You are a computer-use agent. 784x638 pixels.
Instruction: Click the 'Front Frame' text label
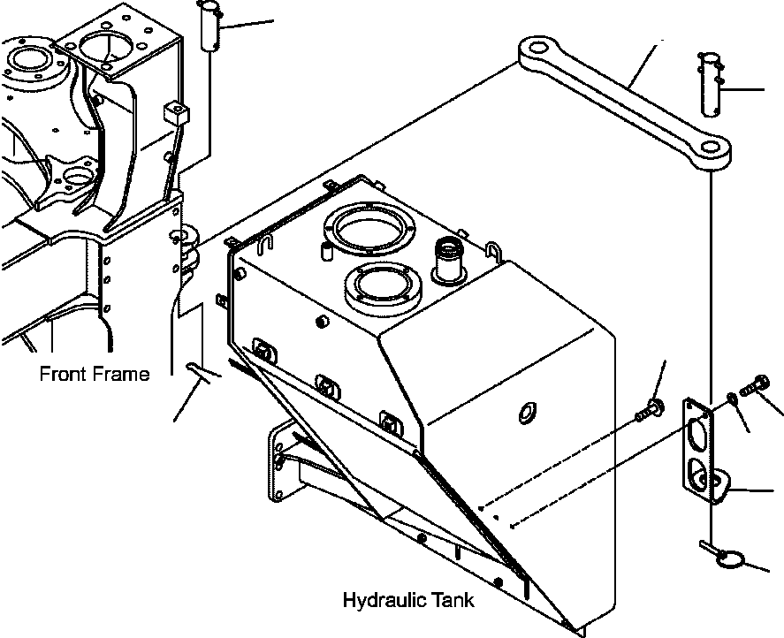(94, 374)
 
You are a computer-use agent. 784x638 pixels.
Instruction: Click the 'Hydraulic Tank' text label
(407, 601)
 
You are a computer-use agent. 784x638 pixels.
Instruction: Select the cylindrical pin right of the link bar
(712, 83)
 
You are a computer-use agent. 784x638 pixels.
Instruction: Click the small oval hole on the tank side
(529, 412)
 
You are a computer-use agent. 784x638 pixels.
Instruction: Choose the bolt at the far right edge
(758, 386)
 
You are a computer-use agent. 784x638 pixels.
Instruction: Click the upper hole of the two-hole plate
(697, 434)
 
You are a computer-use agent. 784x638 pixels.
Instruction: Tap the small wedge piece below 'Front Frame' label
(201, 372)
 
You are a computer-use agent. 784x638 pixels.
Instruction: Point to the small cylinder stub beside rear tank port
(326, 252)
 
